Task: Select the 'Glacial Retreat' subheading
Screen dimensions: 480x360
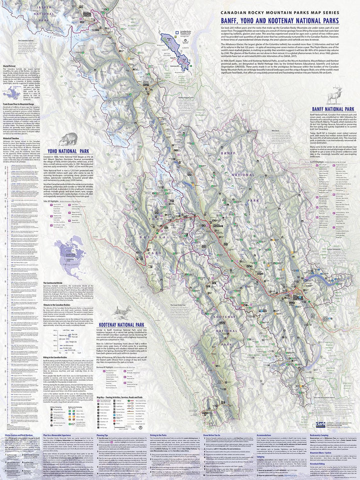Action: pyautogui.click(x=10, y=65)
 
